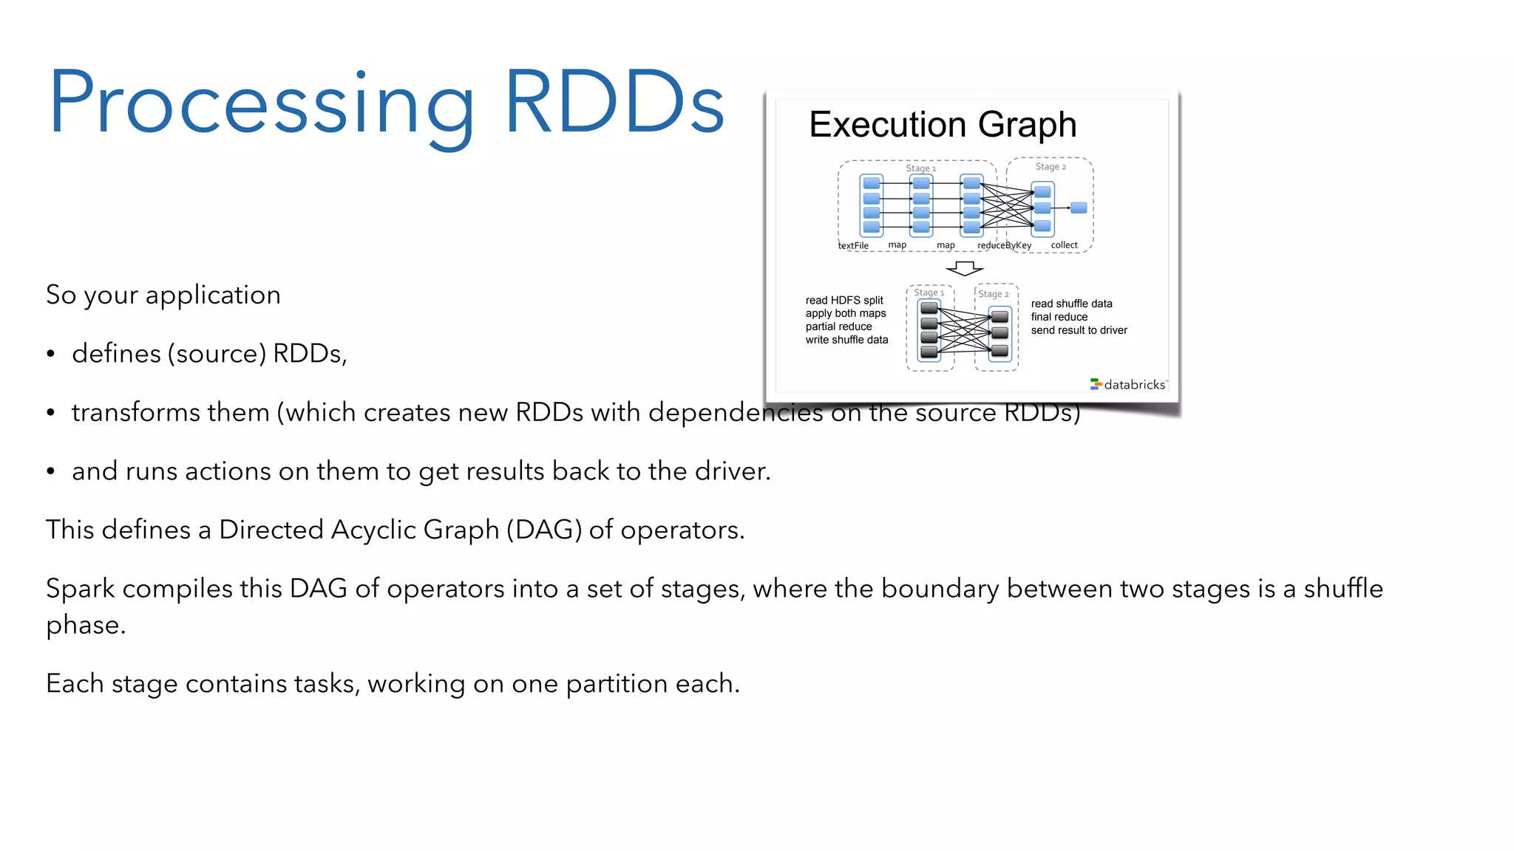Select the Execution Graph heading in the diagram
[x=943, y=124]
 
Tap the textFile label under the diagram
[x=853, y=245]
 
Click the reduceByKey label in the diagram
[x=1004, y=245]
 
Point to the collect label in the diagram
[x=1064, y=245]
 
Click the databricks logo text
[x=1134, y=385]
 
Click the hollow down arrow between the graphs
[x=965, y=267]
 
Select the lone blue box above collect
[x=1079, y=208]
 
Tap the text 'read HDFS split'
[x=844, y=300]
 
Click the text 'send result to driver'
[x=1079, y=330]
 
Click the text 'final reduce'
[x=1059, y=317]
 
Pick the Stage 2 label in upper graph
[x=1050, y=167]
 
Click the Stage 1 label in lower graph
[x=929, y=293]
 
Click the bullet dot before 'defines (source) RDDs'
[x=50, y=354]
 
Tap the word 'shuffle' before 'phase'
[x=1342, y=589]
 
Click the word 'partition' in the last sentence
[x=617, y=684]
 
